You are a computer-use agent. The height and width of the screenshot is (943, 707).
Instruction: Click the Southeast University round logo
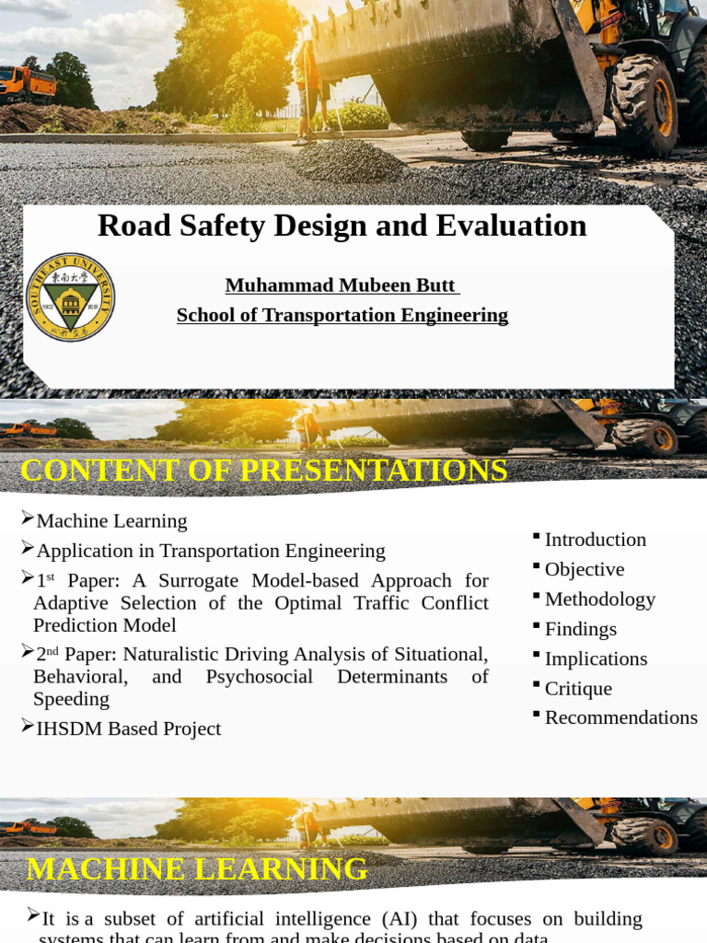70,297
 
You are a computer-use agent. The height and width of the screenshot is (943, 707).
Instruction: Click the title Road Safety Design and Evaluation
342,226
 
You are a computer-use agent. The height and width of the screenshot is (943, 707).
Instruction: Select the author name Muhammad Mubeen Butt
342,285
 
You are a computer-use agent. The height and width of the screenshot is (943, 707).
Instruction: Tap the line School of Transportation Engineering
342,315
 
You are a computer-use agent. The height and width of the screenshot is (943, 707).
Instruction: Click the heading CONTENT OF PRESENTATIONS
264,471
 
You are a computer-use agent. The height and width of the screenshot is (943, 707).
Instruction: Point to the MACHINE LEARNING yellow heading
197,868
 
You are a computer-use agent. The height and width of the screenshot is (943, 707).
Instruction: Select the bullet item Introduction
595,540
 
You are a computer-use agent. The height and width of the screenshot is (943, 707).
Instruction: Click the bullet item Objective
584,569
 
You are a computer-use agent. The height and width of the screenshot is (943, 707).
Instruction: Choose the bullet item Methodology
599,600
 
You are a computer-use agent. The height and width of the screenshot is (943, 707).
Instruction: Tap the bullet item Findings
580,629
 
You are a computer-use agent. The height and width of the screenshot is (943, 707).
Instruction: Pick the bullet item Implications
596,658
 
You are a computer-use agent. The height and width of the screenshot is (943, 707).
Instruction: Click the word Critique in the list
578,688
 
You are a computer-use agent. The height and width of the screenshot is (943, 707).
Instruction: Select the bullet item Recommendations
620,717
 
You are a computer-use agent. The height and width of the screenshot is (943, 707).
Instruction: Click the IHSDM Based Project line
128,728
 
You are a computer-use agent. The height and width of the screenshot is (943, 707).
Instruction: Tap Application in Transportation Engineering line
210,551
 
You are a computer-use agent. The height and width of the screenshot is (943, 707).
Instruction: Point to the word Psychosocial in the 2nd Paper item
259,677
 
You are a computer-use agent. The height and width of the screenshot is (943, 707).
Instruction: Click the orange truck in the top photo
28,85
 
